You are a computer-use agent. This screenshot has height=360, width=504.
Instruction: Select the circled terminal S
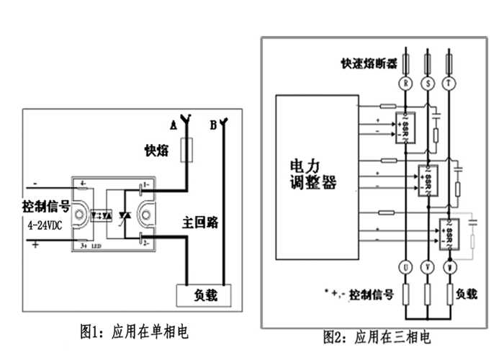coord(430,84)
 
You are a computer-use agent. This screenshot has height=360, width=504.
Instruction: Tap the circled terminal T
coord(451,84)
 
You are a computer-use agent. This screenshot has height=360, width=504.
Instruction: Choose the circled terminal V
coord(430,268)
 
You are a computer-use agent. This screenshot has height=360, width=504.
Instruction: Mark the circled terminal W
coord(451,268)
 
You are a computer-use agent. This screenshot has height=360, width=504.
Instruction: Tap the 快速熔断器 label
coord(369,63)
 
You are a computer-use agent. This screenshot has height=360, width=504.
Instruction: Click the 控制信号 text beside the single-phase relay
coord(45,207)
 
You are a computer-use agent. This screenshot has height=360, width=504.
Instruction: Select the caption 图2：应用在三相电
coord(377,337)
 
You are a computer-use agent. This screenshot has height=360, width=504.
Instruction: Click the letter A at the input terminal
coord(173,125)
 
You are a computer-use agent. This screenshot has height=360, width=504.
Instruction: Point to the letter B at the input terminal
coord(213,125)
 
